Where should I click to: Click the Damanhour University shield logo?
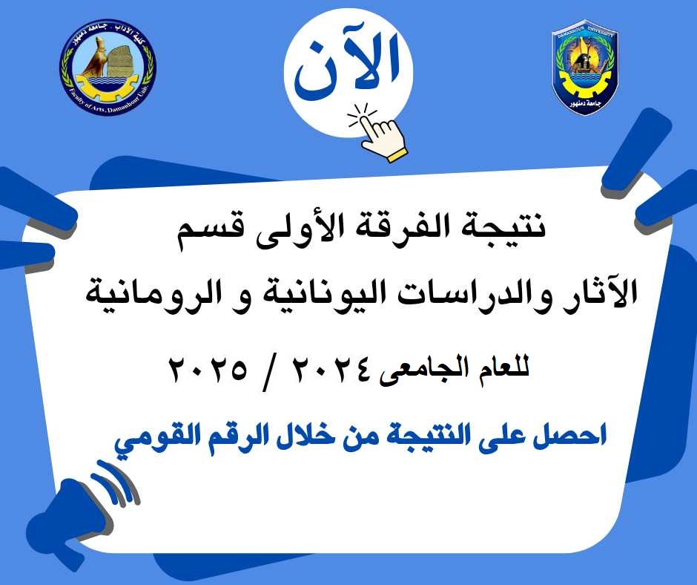coord(584,67)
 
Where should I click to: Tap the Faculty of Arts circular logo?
coord(108,68)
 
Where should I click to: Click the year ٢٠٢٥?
coord(207,369)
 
